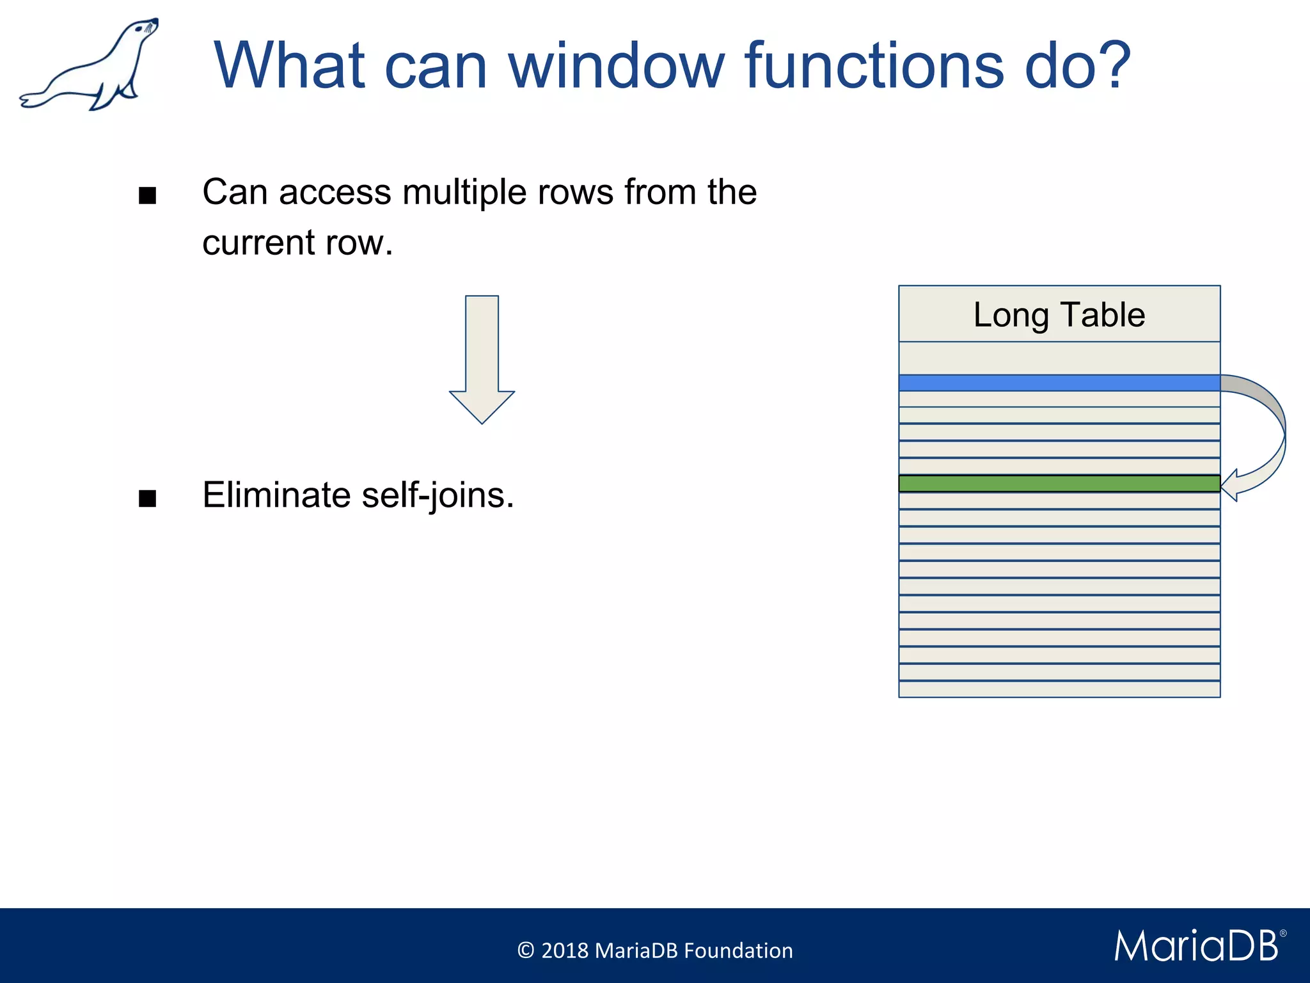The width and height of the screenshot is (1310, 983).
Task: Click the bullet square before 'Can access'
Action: pos(147,196)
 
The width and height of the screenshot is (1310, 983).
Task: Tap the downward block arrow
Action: pos(482,358)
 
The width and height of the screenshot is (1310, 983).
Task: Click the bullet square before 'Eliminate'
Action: pos(147,499)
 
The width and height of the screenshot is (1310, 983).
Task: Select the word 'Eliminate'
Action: pos(276,495)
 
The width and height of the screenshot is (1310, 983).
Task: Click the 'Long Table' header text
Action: pos(1059,315)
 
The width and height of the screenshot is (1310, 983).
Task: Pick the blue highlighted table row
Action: pos(1059,383)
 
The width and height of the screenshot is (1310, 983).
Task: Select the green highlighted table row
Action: pos(1059,483)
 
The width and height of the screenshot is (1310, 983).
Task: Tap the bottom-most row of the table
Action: pos(1059,689)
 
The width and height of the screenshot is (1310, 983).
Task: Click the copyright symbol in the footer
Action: pos(525,950)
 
